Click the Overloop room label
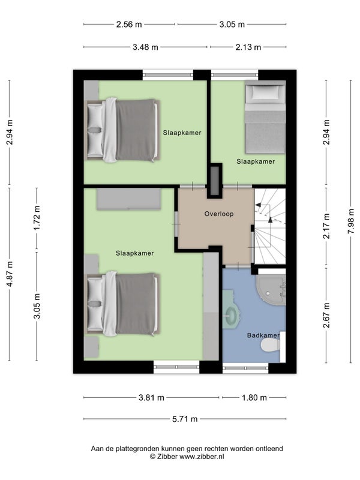pyautogui.click(x=219, y=214)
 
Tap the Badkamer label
pyautogui.click(x=263, y=335)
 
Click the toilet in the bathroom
pyautogui.click(x=271, y=346)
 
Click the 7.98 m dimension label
pyautogui.click(x=351, y=221)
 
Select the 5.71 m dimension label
pyautogui.click(x=185, y=419)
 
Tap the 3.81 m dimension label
pyautogui.click(x=152, y=398)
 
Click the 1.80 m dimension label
pyautogui.click(x=254, y=398)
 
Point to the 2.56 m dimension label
pyautogui.click(x=129, y=25)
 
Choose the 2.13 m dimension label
pyautogui.click(x=248, y=47)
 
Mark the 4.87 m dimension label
pyautogui.click(x=10, y=274)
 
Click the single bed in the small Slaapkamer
pyautogui.click(x=265, y=117)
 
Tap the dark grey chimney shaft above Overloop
pyautogui.click(x=215, y=181)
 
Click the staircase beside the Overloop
pyautogui.click(x=270, y=226)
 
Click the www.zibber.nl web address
pyautogui.click(x=202, y=457)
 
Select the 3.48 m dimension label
pyautogui.click(x=145, y=47)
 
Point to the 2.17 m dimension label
pyautogui.click(x=326, y=226)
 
